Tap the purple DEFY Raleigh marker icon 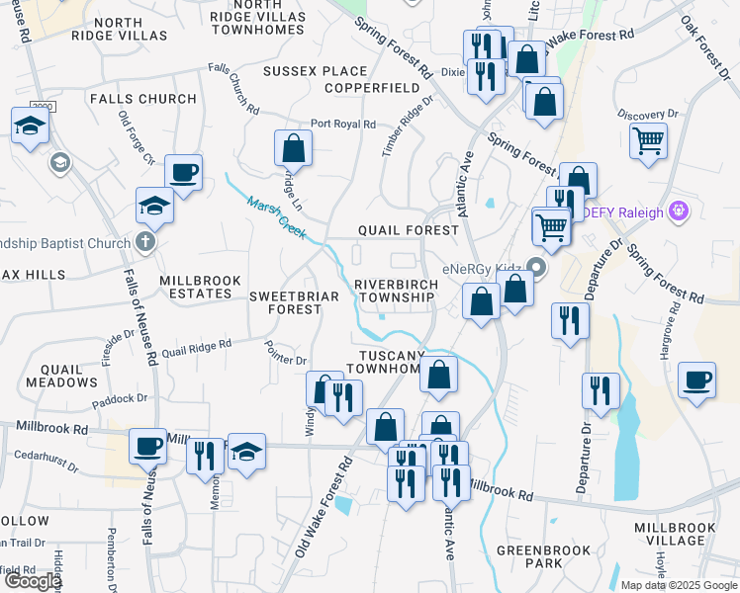pyautogui.click(x=678, y=210)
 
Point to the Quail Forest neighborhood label pyautogui.click(x=408, y=230)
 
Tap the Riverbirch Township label pyautogui.click(x=396, y=291)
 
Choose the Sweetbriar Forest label pyautogui.click(x=285, y=302)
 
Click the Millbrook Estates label pyautogui.click(x=200, y=287)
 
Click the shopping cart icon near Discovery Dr pyautogui.click(x=648, y=140)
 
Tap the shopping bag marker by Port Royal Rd pyautogui.click(x=294, y=149)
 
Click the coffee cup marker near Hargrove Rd pyautogui.click(x=697, y=381)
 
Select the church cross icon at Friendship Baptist pyautogui.click(x=145, y=242)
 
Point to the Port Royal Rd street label pyautogui.click(x=342, y=125)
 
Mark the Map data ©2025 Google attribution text pyautogui.click(x=678, y=584)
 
